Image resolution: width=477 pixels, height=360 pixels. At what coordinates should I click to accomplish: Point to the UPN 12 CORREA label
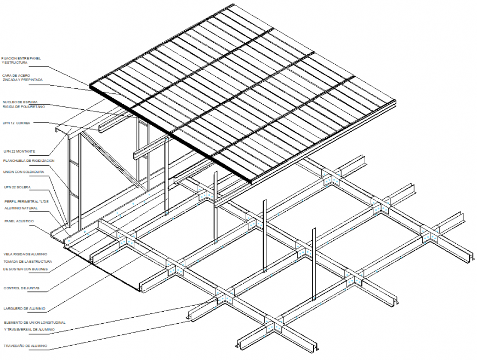(16, 123)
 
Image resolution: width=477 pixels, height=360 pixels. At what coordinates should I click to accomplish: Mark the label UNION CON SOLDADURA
(24, 172)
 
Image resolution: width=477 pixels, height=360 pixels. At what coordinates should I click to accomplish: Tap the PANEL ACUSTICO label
(19, 221)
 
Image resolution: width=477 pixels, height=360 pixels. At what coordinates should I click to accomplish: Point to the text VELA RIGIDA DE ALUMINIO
(25, 254)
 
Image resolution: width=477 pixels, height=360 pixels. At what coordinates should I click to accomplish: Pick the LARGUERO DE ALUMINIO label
(24, 309)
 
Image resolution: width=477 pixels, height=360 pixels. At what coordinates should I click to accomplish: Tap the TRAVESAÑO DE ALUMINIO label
(25, 346)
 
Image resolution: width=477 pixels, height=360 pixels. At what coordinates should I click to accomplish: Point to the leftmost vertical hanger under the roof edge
(215, 206)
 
